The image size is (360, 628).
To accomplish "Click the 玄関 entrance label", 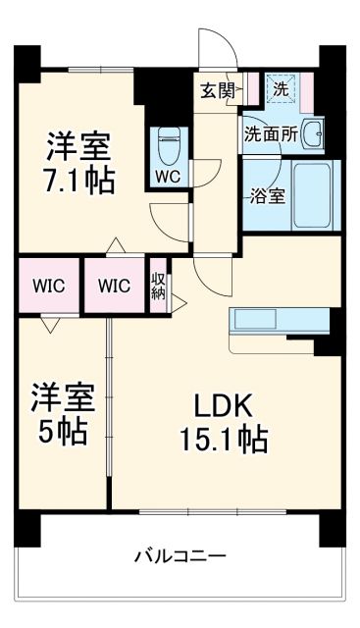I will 217,90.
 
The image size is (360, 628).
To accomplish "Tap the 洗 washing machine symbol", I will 280,88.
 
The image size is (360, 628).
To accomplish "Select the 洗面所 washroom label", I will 269,134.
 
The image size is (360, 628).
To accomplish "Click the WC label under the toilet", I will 166,178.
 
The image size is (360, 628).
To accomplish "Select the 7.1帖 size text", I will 79,181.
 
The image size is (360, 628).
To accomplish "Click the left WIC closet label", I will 47,287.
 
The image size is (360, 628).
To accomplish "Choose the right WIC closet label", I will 114,287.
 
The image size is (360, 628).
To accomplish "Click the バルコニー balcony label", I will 180,556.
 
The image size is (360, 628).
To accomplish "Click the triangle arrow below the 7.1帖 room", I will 115,244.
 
